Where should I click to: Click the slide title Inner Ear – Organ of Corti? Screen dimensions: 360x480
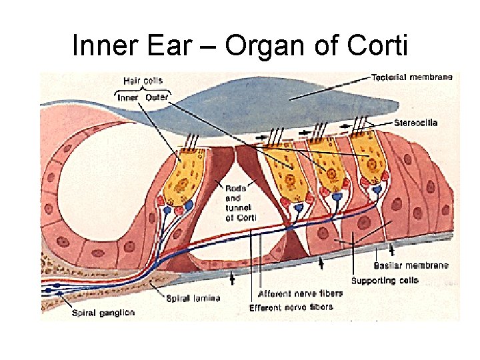coord(239,45)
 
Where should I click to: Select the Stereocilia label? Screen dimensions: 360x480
coord(415,123)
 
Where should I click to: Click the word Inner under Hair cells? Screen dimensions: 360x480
coord(128,98)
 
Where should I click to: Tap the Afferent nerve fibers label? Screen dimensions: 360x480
coord(300,293)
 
